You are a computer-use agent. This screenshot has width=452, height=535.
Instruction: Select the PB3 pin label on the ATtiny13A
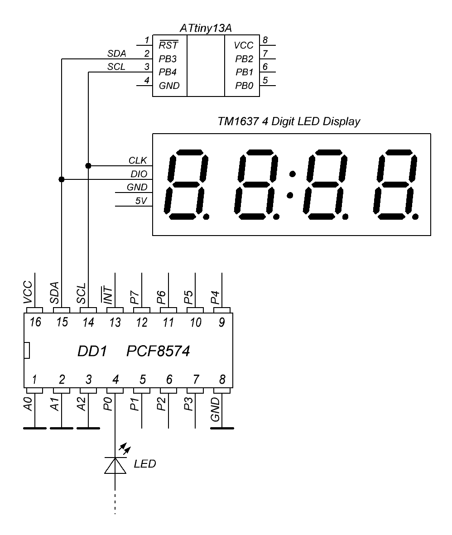(167, 58)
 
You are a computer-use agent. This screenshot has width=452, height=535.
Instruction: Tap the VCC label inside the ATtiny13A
(244, 45)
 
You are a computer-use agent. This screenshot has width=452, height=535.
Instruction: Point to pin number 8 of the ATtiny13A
(265, 40)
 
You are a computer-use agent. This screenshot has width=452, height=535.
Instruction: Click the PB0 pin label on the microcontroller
(244, 86)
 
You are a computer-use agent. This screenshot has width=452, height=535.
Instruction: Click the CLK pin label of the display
(138, 160)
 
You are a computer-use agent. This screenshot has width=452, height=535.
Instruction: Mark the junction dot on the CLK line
(88, 165)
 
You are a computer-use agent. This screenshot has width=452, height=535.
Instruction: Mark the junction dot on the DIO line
(62, 179)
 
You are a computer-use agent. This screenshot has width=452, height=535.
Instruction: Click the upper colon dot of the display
(293, 174)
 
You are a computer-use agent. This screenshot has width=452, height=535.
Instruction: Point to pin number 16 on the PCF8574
(34, 323)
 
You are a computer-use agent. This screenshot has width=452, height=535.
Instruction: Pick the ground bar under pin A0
(34, 428)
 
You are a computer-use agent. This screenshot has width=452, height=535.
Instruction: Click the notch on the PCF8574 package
(27, 350)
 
